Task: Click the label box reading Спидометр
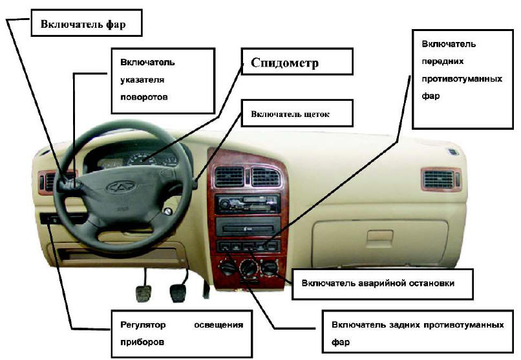click(297, 61)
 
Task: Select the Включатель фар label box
click(87, 23)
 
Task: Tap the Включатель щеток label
click(297, 113)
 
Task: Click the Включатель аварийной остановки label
click(382, 284)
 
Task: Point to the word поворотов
click(144, 97)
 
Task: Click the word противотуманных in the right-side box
click(462, 79)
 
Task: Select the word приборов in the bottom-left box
click(142, 342)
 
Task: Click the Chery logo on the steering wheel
click(121, 187)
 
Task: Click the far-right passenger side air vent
click(441, 179)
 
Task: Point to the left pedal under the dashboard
click(144, 293)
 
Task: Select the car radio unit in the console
click(248, 203)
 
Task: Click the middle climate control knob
click(248, 268)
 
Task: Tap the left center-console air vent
click(229, 176)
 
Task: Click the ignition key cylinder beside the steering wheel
click(168, 211)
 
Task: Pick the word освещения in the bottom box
click(218, 325)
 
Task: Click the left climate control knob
click(228, 267)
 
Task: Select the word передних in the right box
click(443, 61)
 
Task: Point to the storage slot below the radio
click(248, 227)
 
